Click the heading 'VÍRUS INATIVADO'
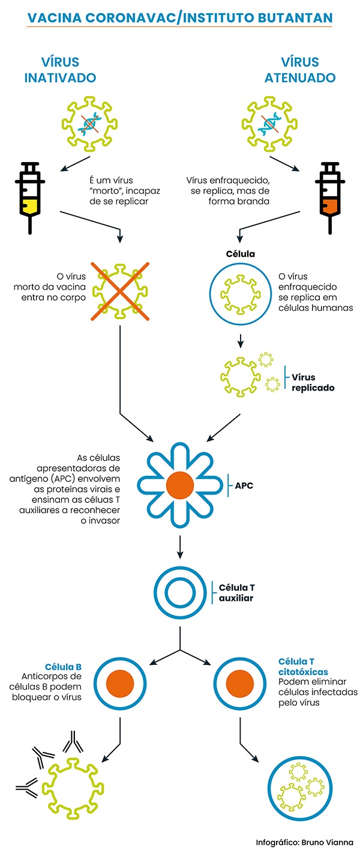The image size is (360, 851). coord(68,70)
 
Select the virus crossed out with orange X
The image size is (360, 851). coord(121,290)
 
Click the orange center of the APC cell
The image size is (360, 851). coord(180,484)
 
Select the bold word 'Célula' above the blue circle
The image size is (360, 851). coord(240,254)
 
